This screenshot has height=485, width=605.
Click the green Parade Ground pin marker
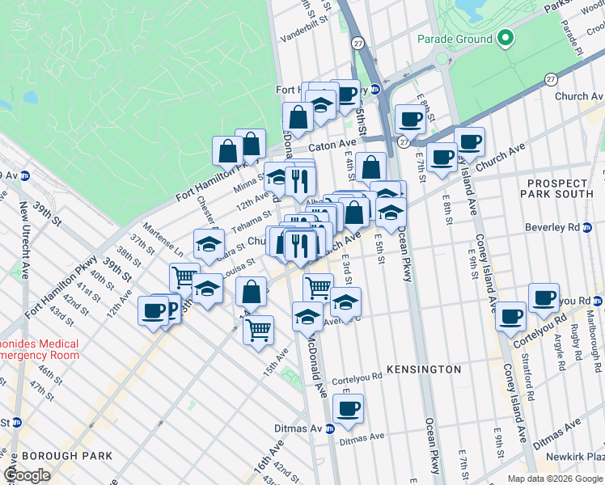(505, 38)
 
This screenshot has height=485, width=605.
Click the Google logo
(27, 475)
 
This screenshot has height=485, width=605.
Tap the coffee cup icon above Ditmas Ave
(349, 408)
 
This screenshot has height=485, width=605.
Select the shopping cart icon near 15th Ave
(258, 329)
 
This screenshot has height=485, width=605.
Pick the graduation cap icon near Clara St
(208, 243)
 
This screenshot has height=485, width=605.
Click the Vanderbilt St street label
(307, 38)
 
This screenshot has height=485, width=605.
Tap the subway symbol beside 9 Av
(25, 175)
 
